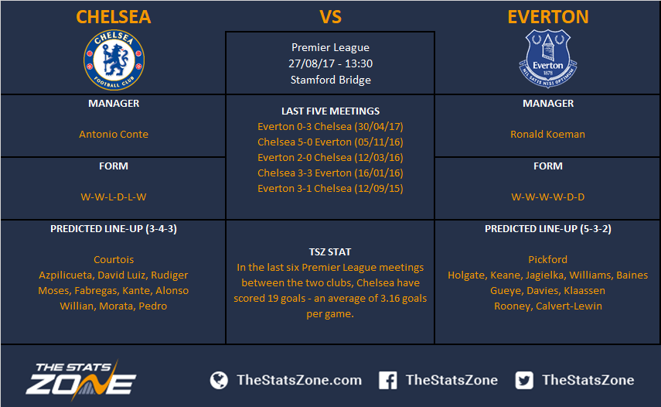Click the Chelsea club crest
coord(114,60)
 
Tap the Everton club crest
coord(547,58)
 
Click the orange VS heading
coord(330,17)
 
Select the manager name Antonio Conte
coord(114,134)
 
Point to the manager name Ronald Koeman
coord(547,134)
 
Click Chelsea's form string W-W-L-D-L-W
coord(114,197)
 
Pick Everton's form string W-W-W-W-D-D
coord(547,197)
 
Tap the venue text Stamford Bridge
coord(331,80)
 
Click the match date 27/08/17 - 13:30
coord(331,63)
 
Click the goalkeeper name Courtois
coord(114,259)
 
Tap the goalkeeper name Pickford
coord(547,259)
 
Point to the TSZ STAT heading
coord(329,251)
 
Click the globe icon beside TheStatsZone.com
coord(220,380)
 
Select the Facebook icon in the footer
coord(388,380)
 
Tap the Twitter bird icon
coord(524,380)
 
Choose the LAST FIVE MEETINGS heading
coord(331,111)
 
